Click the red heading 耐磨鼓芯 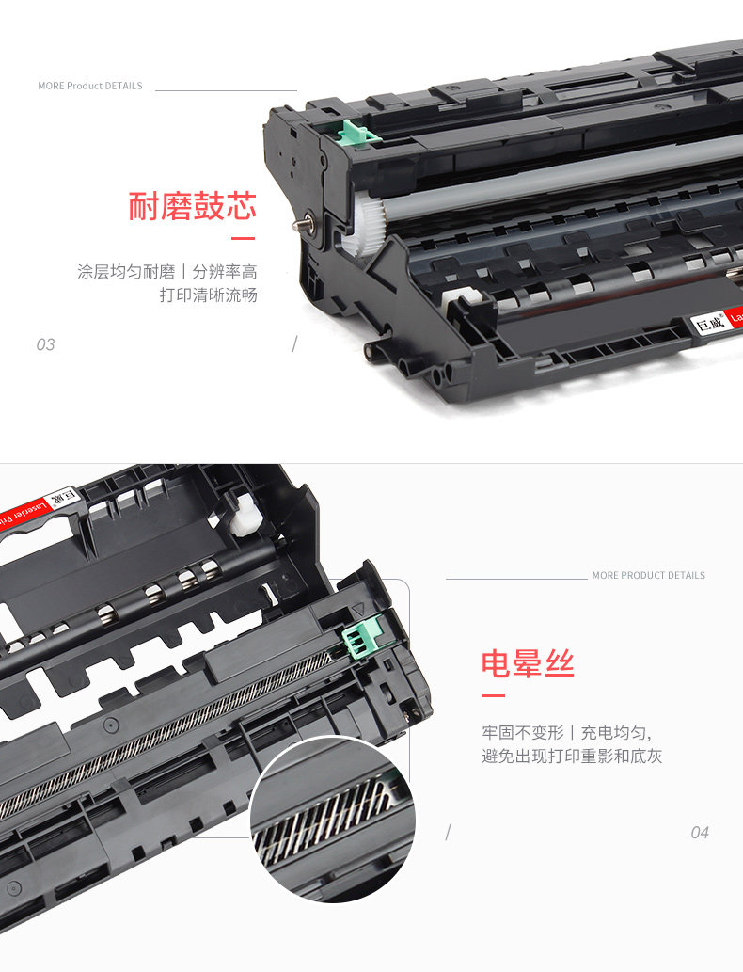(192, 206)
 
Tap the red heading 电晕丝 (527, 664)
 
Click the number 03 (45, 344)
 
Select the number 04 (699, 832)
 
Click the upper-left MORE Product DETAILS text (90, 86)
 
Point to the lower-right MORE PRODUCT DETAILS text (648, 575)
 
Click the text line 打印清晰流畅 (208, 295)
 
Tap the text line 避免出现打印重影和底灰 (572, 756)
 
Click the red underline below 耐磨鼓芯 (243, 239)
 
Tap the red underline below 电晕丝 (493, 696)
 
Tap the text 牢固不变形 (522, 732)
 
